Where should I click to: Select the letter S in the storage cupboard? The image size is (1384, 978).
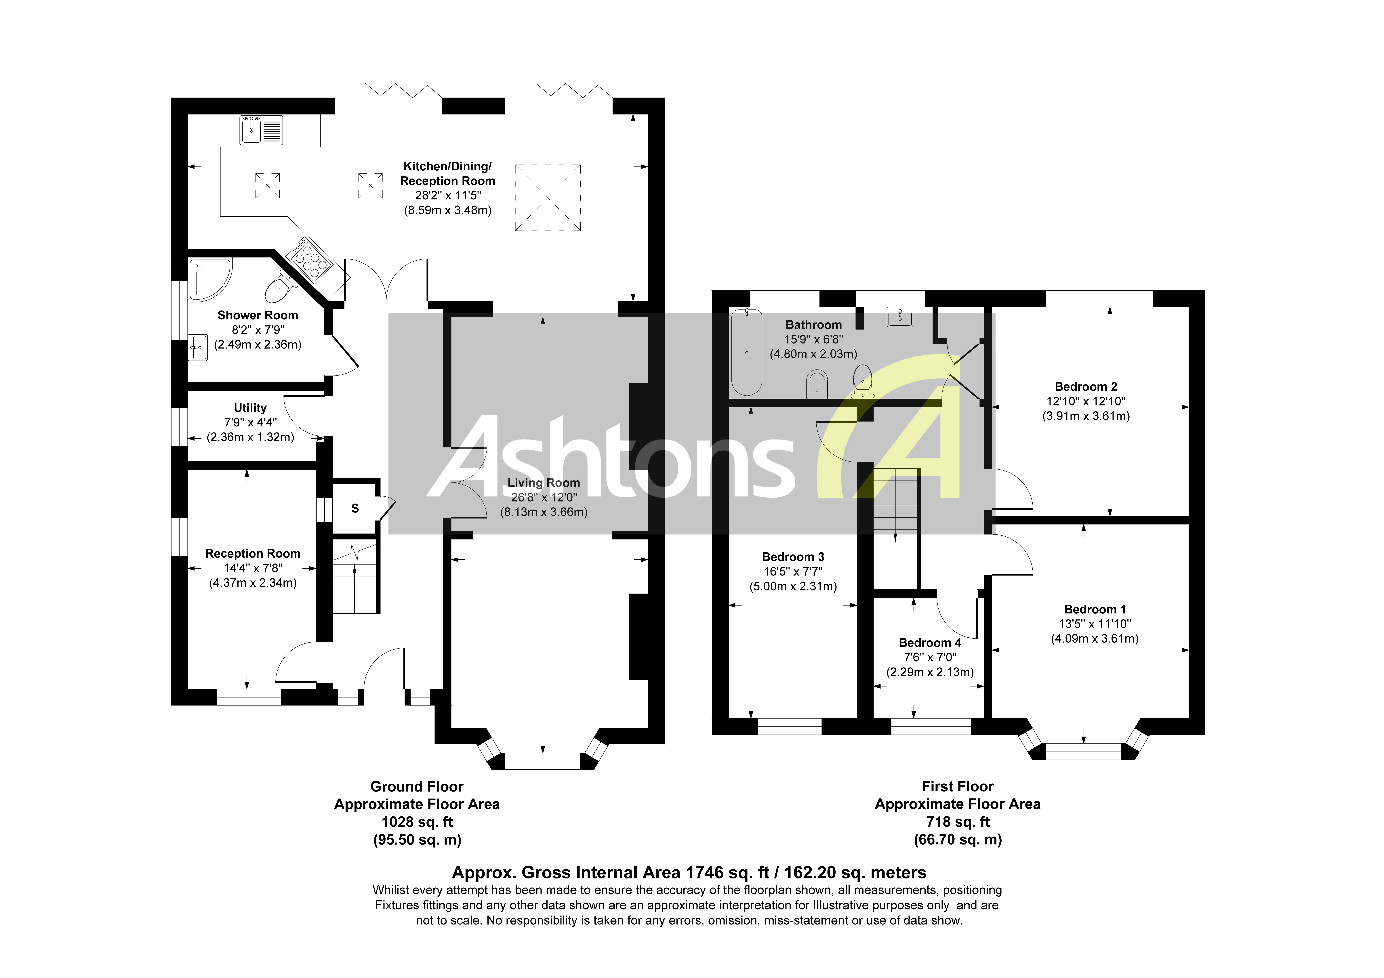coord(355,508)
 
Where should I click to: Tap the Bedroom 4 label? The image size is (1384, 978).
coord(929,643)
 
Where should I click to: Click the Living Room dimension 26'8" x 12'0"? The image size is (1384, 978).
coord(544,497)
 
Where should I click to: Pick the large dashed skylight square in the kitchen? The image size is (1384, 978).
coord(547,198)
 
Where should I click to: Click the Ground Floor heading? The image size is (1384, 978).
coord(417,787)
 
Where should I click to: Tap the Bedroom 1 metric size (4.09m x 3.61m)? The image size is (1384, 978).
coord(1095,638)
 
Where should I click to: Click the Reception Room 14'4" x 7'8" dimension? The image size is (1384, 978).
coord(253,568)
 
